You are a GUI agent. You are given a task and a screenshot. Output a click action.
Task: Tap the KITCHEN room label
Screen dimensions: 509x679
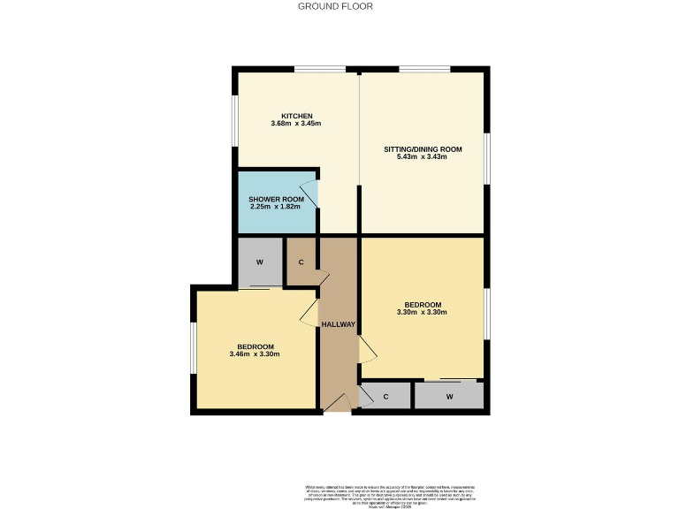(296, 117)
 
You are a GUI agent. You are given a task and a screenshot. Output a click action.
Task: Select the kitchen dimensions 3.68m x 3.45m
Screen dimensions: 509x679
(296, 124)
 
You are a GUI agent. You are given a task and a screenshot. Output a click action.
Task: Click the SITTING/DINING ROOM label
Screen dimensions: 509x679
(422, 149)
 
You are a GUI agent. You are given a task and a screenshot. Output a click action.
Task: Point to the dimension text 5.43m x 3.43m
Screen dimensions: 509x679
(423, 157)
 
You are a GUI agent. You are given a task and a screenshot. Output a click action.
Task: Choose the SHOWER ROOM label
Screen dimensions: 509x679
(276, 200)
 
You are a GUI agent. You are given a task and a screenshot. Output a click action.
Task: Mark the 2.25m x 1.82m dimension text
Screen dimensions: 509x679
(276, 208)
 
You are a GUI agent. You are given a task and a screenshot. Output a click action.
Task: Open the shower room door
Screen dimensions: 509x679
(309, 194)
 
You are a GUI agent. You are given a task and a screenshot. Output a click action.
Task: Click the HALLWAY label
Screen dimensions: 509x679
(339, 324)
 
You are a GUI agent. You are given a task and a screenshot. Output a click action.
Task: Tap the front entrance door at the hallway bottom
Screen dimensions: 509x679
(337, 403)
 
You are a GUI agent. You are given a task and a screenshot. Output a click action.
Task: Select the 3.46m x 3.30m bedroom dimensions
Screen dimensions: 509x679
(255, 354)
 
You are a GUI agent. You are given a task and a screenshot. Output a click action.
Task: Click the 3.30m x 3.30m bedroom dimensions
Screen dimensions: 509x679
(423, 312)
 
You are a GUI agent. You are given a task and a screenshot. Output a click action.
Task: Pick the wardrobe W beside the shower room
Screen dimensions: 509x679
(260, 262)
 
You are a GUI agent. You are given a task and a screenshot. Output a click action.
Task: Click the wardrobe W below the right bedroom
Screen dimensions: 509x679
(449, 397)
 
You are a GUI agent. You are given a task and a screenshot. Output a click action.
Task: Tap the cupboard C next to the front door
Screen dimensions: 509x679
(386, 397)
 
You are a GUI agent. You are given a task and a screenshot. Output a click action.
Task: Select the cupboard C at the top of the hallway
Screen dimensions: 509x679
(301, 262)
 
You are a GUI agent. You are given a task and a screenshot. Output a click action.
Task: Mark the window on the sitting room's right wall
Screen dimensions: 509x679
(487, 159)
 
